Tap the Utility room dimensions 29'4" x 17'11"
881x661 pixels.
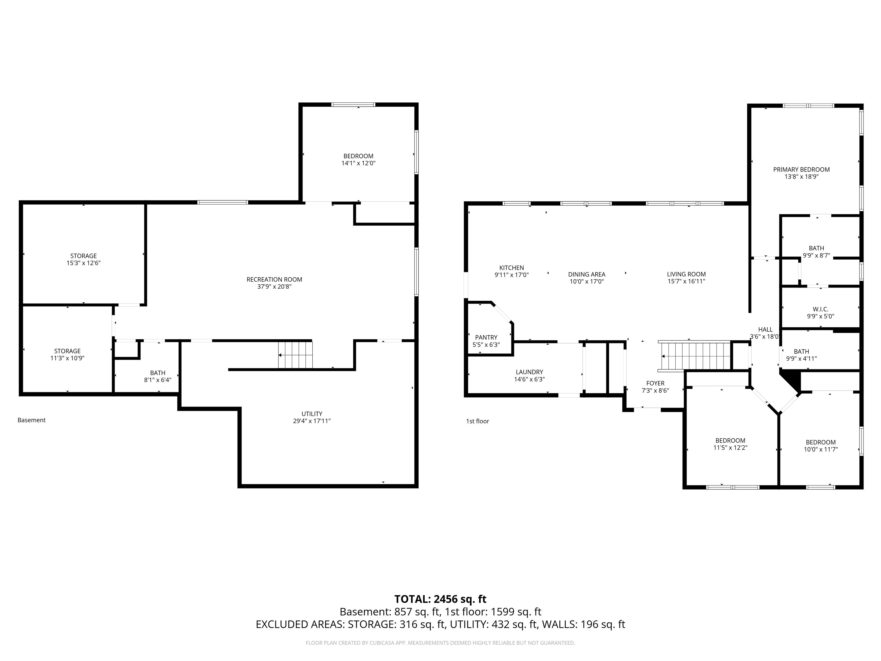point(312,421)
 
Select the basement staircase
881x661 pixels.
point(295,355)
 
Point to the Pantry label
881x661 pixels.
point(486,337)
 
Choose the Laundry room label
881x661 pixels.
point(529,372)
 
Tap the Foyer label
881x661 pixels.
point(655,383)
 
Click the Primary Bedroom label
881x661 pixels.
point(801,169)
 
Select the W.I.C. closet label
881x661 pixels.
point(820,309)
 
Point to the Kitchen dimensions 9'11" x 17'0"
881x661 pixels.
point(512,275)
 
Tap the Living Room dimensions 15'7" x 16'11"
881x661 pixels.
point(686,281)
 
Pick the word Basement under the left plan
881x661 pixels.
point(32,420)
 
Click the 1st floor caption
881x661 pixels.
point(477,421)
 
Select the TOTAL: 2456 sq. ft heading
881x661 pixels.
point(440,599)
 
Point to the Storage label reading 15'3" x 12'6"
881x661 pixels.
point(84,256)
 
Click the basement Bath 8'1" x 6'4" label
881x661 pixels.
point(158,373)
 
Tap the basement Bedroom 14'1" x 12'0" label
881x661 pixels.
point(358,156)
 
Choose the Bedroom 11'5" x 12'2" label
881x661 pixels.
point(730,440)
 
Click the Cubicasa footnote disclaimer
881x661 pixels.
point(440,643)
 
